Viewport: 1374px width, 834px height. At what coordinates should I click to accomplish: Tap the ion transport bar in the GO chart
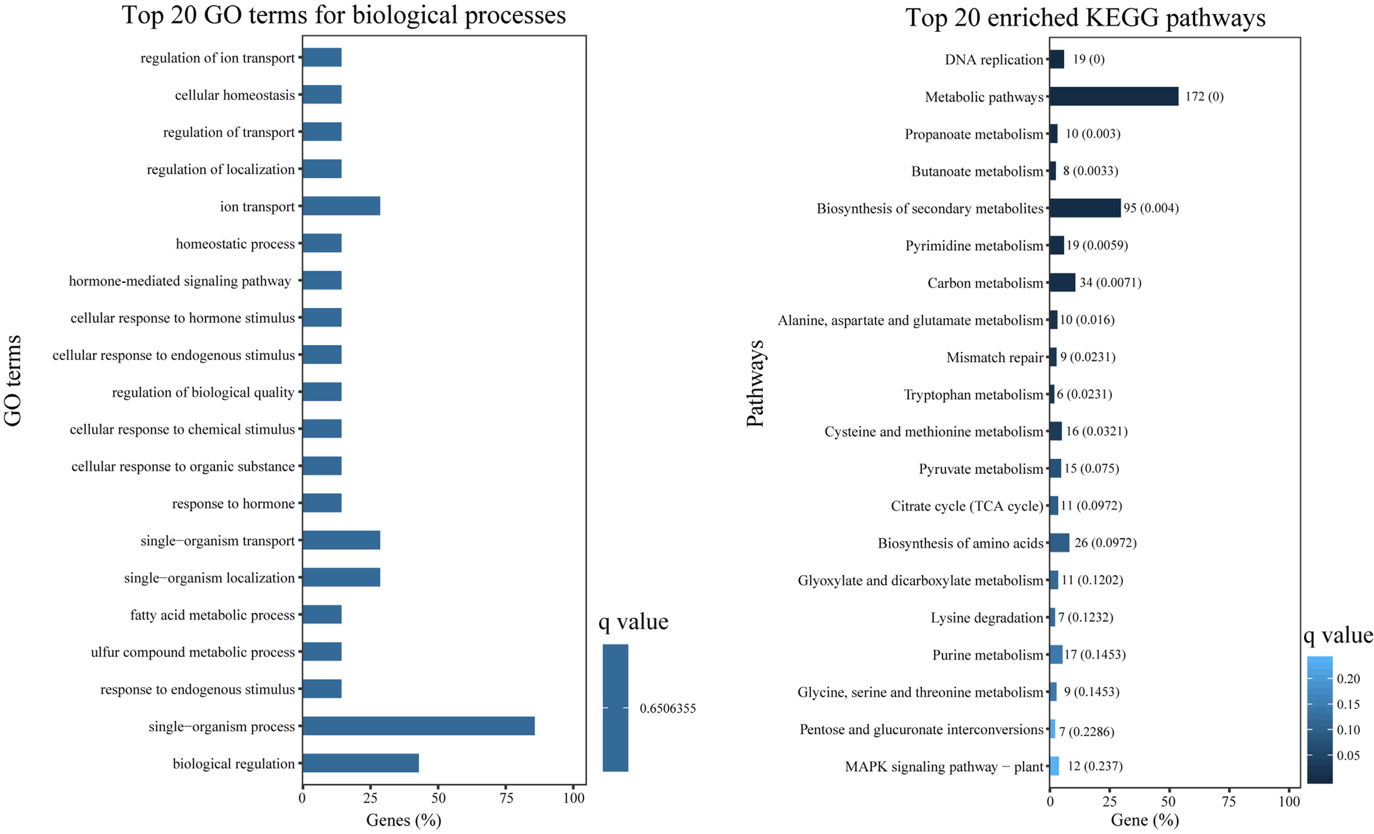[341, 206]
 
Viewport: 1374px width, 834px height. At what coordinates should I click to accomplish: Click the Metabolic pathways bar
[1114, 96]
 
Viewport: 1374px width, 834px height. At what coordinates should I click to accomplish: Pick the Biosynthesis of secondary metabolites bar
[1085, 208]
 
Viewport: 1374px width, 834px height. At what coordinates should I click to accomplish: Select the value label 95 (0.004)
[1151, 208]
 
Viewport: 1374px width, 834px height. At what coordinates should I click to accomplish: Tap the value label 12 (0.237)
[1094, 766]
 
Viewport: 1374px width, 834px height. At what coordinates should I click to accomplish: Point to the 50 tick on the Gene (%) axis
[1169, 802]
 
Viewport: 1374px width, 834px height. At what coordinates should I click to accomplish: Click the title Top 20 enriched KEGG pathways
[1085, 18]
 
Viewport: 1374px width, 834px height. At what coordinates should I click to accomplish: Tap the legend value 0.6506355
[667, 709]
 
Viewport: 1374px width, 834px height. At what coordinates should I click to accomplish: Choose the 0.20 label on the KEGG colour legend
[1348, 679]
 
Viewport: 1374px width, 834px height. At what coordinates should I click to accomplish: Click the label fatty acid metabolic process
[212, 615]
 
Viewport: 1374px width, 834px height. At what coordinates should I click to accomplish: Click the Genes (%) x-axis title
[403, 820]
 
